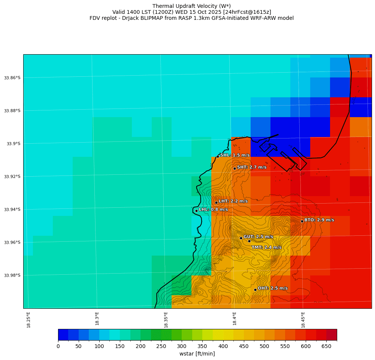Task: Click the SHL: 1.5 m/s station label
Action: pos(235,155)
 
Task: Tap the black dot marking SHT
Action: pos(235,168)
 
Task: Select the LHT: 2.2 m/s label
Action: pos(233,201)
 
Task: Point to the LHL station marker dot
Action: pos(196,211)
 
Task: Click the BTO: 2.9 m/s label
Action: pos(319,220)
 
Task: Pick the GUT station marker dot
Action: pos(241,238)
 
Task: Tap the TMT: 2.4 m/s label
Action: pos(266,247)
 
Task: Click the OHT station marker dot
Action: pos(255,290)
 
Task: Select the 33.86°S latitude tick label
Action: pos(12,78)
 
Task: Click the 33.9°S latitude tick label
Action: pos(13,144)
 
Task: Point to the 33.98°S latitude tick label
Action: pos(12,275)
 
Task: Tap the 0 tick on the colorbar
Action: pos(58,347)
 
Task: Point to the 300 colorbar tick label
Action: pos(182,347)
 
